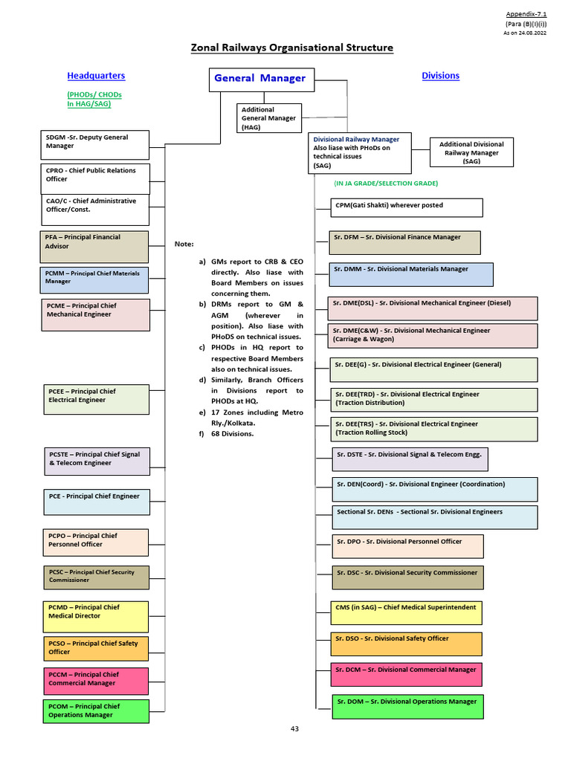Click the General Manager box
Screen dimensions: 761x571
[x=260, y=79]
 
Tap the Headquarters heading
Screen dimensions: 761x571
[x=96, y=76]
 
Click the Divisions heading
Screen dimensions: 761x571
[x=440, y=76]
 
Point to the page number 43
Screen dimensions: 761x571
[x=294, y=729]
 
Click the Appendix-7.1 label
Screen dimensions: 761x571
[x=526, y=14]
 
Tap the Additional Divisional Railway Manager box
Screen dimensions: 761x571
[x=471, y=152]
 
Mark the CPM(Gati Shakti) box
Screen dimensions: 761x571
[x=407, y=207]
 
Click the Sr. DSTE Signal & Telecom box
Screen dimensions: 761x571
[x=410, y=459]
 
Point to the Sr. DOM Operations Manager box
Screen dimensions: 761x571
[x=407, y=706]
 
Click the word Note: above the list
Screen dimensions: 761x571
[x=184, y=244]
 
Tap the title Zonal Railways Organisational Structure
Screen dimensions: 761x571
[x=291, y=48]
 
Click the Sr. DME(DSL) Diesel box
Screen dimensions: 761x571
[x=432, y=308]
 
